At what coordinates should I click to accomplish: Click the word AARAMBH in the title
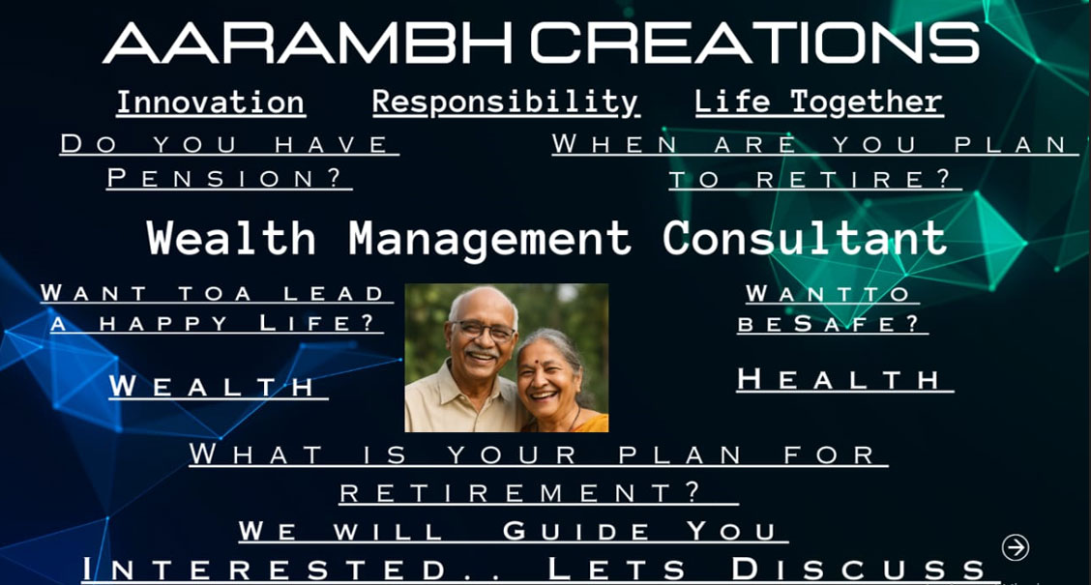309,43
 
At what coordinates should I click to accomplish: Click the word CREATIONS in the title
755,43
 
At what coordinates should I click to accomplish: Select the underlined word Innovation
210,102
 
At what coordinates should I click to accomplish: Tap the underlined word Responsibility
506,102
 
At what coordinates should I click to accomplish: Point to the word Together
867,102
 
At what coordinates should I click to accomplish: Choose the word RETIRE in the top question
852,179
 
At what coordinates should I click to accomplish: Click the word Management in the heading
489,239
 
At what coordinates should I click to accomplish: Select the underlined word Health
839,380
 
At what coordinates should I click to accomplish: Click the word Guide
577,531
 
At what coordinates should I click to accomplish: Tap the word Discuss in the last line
858,569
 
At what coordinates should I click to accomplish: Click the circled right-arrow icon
1016,547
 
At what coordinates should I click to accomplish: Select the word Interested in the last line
264,569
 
